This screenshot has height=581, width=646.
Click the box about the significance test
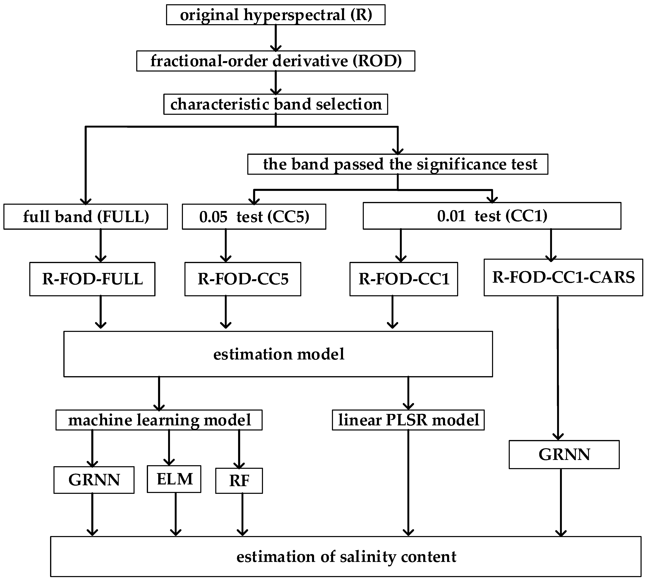[x=398, y=164]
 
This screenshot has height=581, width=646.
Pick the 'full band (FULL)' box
[x=85, y=217]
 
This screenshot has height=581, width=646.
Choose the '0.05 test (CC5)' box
[x=254, y=217]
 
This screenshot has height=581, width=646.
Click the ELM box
[x=174, y=479]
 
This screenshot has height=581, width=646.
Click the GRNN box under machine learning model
[x=94, y=480]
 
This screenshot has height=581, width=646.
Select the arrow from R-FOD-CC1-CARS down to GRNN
[x=558, y=367]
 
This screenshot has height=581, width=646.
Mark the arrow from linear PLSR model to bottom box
[x=408, y=482]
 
